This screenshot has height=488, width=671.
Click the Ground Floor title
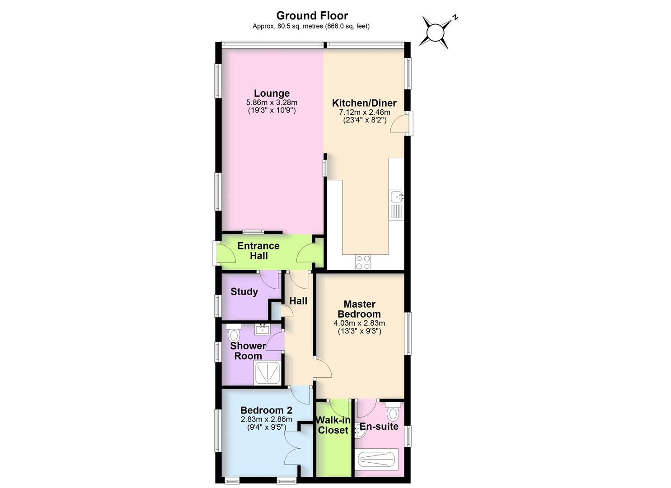(x=312, y=16)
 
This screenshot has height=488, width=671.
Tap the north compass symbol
(x=436, y=32)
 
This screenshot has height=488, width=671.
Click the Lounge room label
(x=272, y=94)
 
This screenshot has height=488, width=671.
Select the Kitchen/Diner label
(x=364, y=103)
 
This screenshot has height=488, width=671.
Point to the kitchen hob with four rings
(x=363, y=262)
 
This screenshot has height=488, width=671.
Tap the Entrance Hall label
(x=258, y=251)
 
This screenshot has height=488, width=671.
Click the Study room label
(x=244, y=291)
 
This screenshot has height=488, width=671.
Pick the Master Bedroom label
(x=359, y=309)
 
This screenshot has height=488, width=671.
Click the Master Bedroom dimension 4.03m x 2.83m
(x=359, y=323)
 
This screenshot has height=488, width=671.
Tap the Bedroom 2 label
(x=266, y=410)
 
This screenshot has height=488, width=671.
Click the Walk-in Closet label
(x=333, y=425)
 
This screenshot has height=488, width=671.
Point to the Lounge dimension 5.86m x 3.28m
(x=272, y=103)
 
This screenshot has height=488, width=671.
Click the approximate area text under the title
(x=311, y=26)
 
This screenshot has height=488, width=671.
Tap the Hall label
(x=298, y=301)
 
